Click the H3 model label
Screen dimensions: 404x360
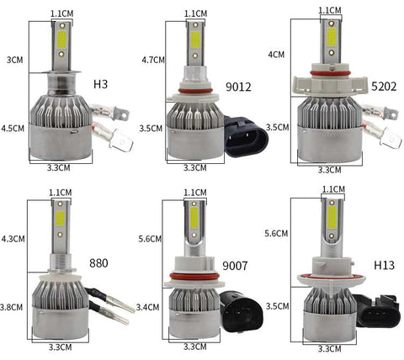tap(100, 84)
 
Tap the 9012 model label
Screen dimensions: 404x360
tap(238, 87)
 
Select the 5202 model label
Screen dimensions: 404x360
tap(384, 87)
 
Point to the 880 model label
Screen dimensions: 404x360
tap(98, 263)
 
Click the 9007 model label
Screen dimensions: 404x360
tap(235, 266)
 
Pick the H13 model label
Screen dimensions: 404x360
tap(384, 265)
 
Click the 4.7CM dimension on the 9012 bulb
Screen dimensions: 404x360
tap(153, 60)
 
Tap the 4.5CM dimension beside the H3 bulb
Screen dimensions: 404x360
tap(13, 129)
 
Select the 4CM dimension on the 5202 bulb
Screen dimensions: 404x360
tap(276, 55)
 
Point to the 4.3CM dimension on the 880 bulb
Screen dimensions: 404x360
tap(13, 239)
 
